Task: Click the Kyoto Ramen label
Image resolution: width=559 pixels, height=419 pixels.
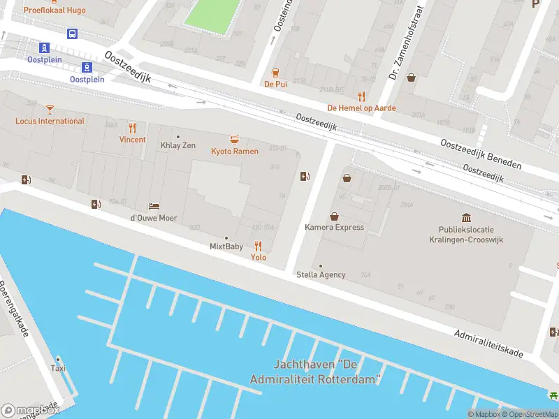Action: coord(235,152)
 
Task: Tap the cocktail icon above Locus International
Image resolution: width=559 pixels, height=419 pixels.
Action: coord(49,109)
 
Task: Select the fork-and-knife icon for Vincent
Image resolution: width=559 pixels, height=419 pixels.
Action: coord(132,128)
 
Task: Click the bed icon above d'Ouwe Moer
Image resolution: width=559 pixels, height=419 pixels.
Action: coord(154,206)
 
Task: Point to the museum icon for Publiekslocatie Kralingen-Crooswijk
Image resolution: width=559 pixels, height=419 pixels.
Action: coord(466,218)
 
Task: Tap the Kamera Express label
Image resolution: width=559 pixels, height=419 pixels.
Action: coord(334,227)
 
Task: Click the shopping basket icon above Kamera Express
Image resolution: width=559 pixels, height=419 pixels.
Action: coord(334,216)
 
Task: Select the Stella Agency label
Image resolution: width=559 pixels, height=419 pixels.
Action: coord(321,274)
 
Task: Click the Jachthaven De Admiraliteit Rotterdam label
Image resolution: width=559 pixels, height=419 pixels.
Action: coord(316,372)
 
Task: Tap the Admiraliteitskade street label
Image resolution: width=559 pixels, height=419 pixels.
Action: coord(488,344)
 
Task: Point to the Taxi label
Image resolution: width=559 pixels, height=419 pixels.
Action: coord(58,368)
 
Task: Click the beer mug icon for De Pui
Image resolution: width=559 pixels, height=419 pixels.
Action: coord(275,72)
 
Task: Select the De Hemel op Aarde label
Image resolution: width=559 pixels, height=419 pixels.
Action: coord(361,108)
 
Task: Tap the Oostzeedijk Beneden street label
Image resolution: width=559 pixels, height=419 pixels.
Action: coord(481,154)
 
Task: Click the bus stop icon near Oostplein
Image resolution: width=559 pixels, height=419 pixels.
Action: coord(72,34)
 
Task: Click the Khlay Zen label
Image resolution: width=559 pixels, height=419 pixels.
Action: coord(178,145)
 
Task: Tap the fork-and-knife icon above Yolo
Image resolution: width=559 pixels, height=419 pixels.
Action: coord(259,246)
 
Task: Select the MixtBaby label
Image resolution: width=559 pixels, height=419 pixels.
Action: coord(226,247)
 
